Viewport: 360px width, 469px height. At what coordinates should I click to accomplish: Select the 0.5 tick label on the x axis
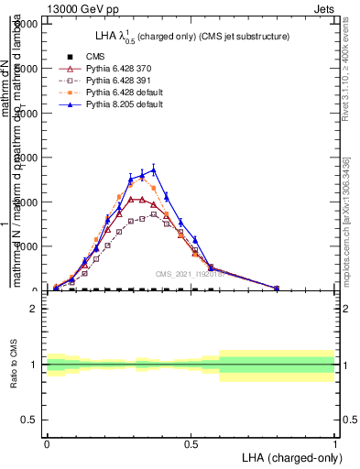coord(191,442)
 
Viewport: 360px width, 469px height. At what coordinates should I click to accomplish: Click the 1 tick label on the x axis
coord(334,442)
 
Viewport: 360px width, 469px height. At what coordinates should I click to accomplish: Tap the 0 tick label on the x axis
coord(47,442)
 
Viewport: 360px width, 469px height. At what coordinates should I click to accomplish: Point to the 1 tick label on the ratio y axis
coord(34,365)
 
